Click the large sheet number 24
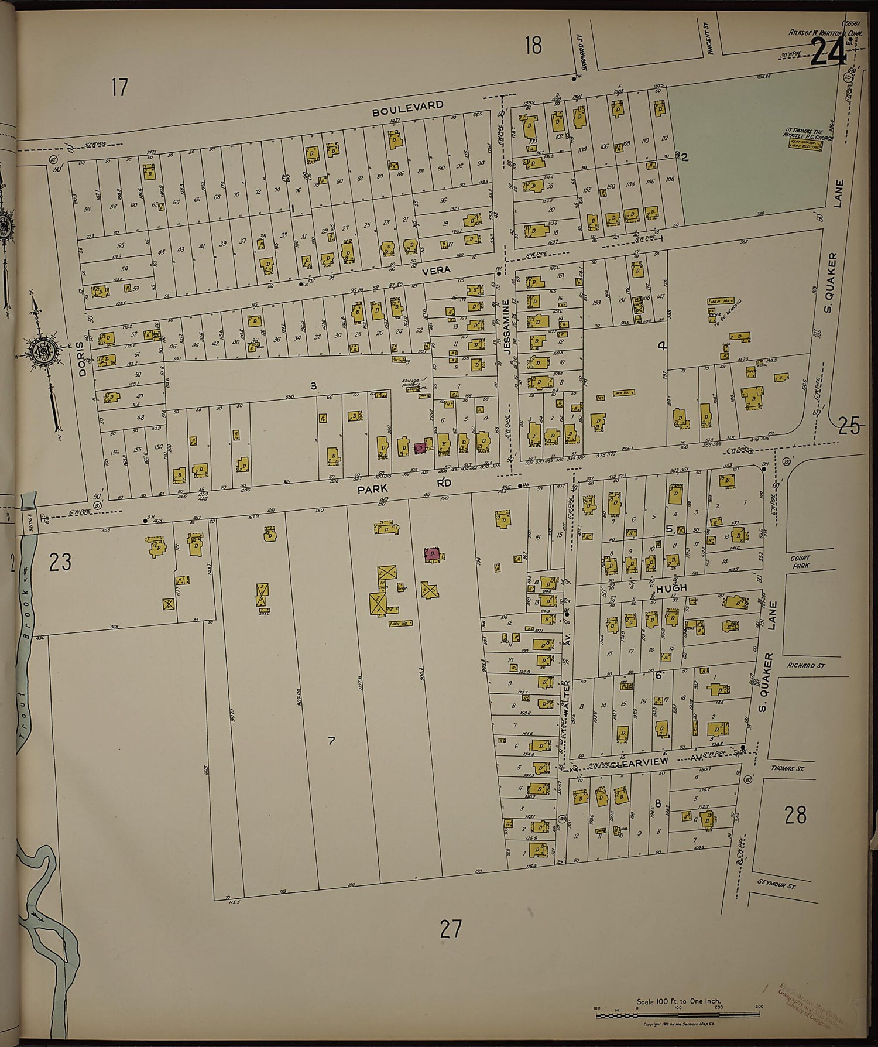[828, 54]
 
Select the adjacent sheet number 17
[119, 88]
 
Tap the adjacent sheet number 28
[795, 815]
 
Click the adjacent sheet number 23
[60, 562]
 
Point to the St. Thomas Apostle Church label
[808, 135]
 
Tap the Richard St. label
[805, 665]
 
